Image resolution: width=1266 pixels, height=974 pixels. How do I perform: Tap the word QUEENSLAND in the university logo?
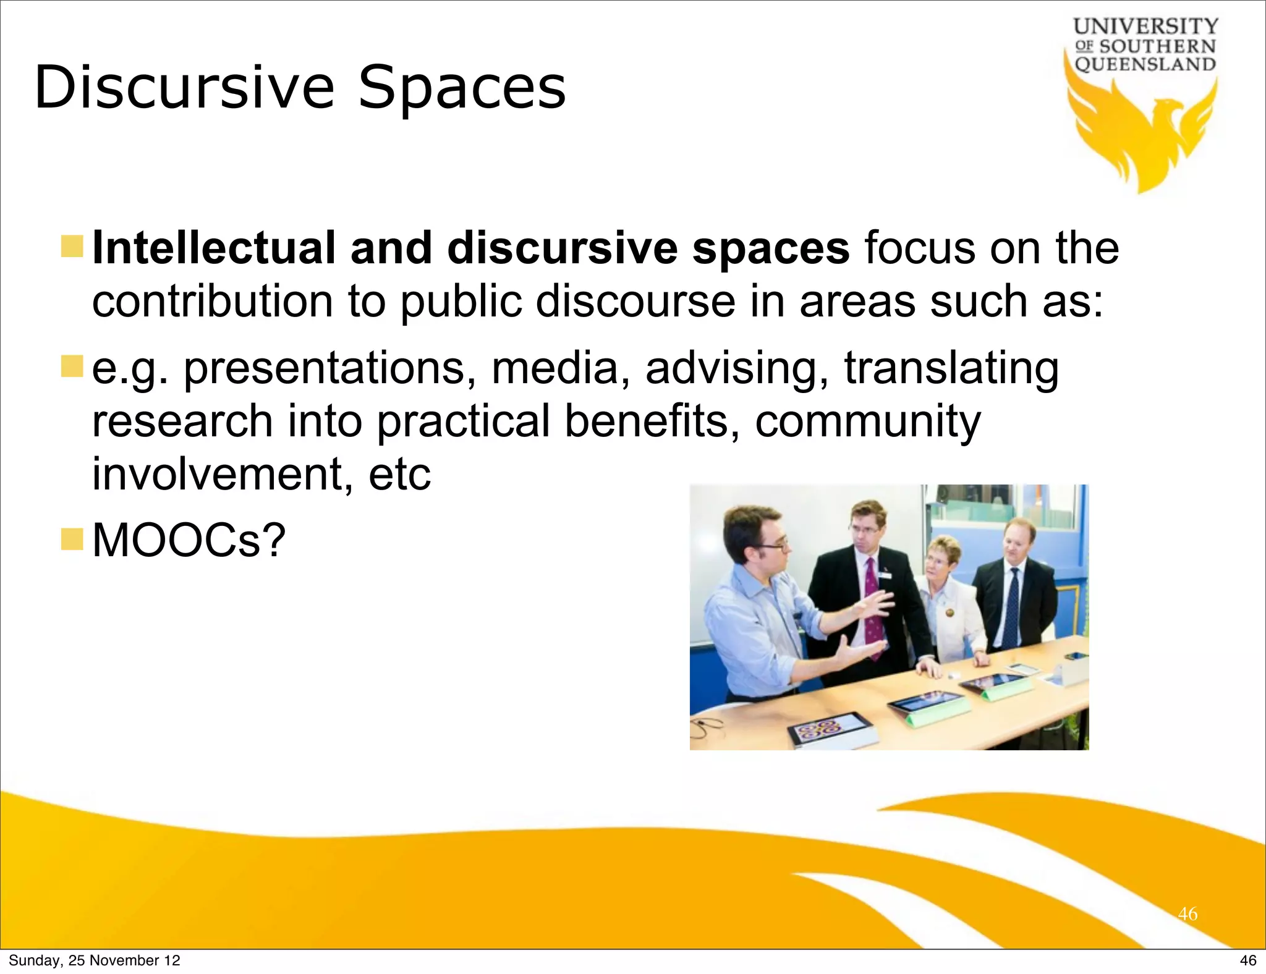point(1145,64)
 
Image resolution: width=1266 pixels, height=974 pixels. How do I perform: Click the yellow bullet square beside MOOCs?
point(72,539)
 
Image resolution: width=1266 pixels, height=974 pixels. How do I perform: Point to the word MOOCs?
point(189,540)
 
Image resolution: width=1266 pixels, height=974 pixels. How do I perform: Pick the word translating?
point(951,368)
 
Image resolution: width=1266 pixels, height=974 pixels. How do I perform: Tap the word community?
point(868,421)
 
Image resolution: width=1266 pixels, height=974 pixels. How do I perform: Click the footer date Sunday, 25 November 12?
point(94,960)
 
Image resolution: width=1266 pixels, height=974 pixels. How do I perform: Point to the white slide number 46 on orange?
point(1187,913)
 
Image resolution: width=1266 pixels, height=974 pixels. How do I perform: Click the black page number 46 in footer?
point(1248,960)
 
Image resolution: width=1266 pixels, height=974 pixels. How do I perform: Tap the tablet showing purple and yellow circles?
point(829,729)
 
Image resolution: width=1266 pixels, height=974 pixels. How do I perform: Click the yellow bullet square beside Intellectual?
point(72,247)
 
